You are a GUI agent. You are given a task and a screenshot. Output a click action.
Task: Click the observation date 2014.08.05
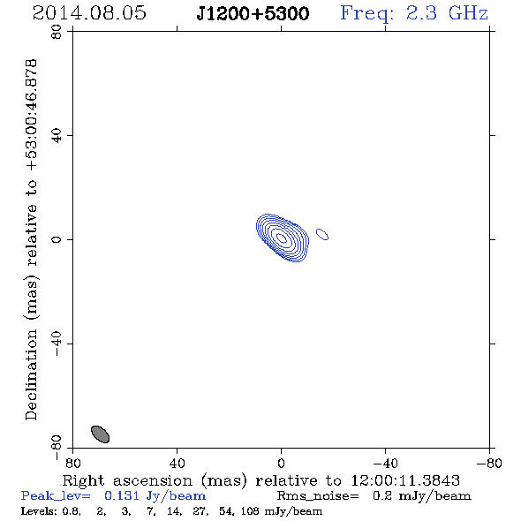coord(89,13)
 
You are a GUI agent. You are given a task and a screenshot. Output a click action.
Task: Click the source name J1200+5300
coord(253,13)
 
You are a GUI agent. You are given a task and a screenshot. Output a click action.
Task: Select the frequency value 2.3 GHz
coord(447,13)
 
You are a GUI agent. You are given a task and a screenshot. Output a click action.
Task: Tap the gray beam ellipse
coord(100,434)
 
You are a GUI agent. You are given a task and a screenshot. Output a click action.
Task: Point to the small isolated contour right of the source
coord(322,234)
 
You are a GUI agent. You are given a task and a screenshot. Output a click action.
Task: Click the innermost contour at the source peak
coord(282,238)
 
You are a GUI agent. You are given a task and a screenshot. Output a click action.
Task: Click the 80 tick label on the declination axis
coord(57,32)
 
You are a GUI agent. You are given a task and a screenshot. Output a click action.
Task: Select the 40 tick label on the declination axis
coord(57,136)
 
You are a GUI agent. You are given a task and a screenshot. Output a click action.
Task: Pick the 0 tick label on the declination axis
coord(57,239)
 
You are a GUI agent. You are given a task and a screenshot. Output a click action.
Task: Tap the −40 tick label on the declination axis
coord(57,344)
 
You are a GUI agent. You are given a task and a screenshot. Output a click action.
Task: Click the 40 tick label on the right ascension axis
coord(177,463)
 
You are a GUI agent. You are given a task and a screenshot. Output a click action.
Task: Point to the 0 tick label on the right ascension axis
coord(281,463)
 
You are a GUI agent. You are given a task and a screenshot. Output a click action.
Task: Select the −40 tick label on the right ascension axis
coord(385,463)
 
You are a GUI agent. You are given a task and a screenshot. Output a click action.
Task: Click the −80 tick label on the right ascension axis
coord(489,463)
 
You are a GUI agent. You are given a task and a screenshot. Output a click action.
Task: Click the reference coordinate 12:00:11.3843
coord(405,480)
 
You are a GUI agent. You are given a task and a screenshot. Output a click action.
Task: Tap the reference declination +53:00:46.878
coord(32,116)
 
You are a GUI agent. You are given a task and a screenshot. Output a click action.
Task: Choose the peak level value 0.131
coord(122,495)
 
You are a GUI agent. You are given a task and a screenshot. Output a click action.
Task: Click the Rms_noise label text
coord(318,495)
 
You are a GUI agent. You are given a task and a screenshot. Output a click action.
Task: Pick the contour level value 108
coord(250,510)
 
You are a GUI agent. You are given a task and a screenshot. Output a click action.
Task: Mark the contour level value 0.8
coord(72,511)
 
